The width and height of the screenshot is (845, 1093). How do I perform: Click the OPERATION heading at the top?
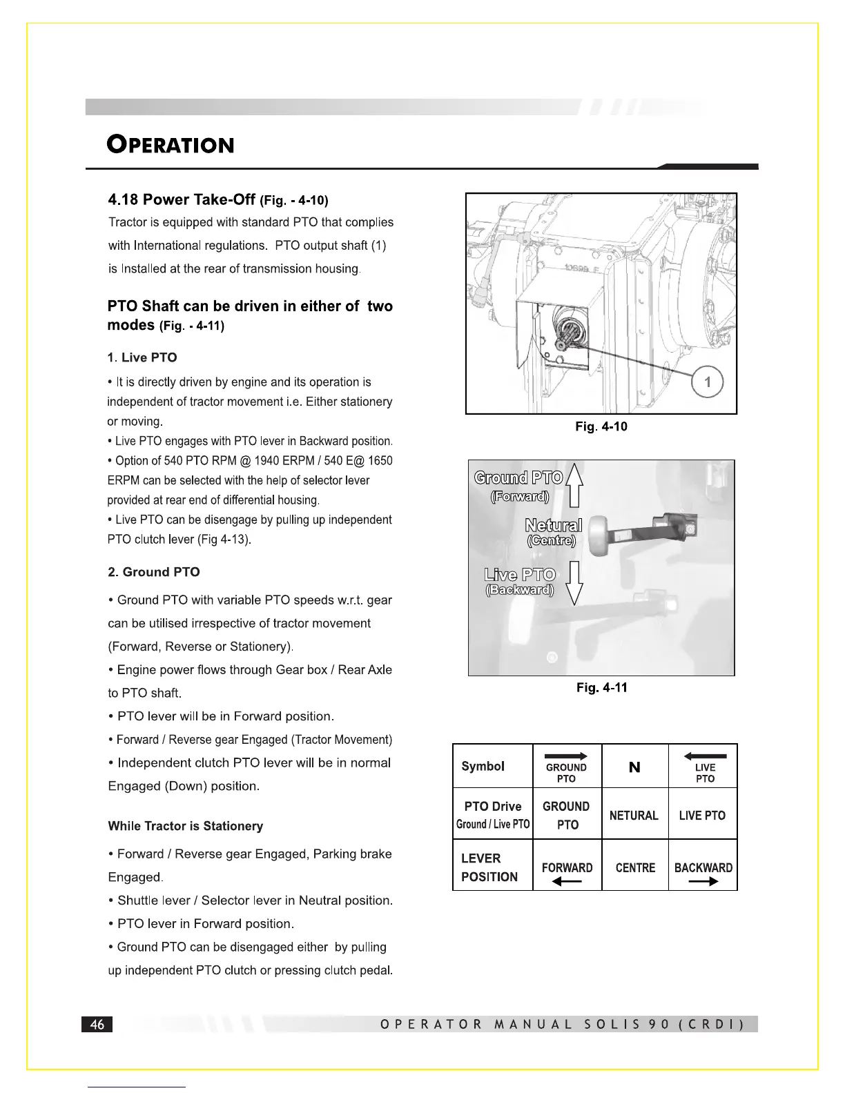click(171, 145)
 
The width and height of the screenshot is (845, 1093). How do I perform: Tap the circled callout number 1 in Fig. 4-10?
click(707, 382)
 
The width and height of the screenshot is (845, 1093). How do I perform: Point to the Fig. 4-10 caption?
click(601, 426)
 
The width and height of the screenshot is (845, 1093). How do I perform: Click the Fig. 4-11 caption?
click(601, 687)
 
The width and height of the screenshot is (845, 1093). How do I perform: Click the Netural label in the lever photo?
click(553, 526)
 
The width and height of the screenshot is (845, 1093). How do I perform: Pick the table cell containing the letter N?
click(634, 767)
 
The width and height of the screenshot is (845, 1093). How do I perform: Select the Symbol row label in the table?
click(483, 766)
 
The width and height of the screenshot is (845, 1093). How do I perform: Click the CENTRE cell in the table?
click(635, 867)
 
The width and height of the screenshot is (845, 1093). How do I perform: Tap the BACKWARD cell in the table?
click(703, 867)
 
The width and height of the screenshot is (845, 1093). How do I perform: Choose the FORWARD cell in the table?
click(567, 867)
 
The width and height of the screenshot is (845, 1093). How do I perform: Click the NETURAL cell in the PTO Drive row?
click(634, 816)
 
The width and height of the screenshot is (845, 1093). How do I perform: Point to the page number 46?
click(97, 1024)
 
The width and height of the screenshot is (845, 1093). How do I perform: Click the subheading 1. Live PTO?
click(142, 357)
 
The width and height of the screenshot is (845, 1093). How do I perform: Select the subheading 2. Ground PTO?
click(154, 572)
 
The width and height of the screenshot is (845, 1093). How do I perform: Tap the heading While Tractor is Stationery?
click(186, 826)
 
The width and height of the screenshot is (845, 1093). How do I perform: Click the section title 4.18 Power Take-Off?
click(182, 200)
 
